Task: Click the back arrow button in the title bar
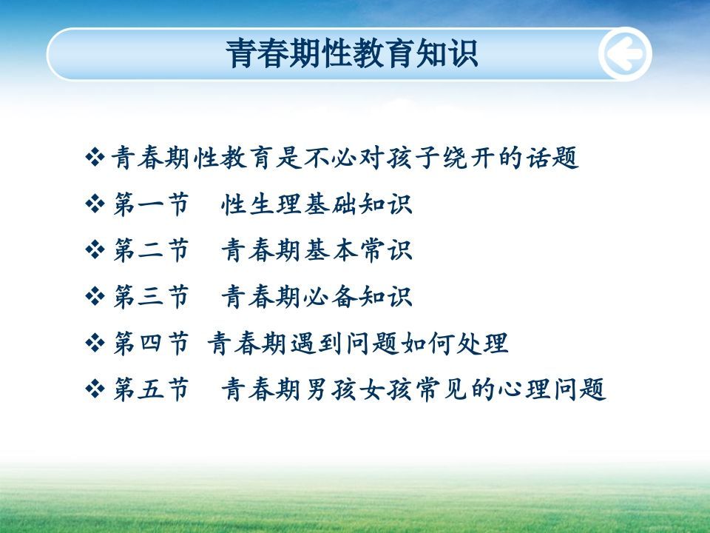pos(625,54)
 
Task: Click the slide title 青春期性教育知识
pos(352,53)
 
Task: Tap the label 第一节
pos(151,204)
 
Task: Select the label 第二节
pos(151,250)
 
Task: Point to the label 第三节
pos(151,297)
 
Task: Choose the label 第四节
pos(151,343)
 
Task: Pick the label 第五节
pos(151,389)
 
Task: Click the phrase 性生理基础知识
pos(317,204)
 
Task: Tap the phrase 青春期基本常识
pos(317,250)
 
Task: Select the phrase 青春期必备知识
pos(317,297)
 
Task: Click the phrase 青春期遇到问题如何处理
pos(358,343)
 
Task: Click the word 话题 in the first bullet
pos(552,158)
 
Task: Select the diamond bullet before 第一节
pos(95,204)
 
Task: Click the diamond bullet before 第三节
pos(95,296)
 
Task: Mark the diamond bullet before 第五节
pos(95,389)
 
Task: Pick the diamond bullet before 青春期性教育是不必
pos(95,157)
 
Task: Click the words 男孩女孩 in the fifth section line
pos(359,389)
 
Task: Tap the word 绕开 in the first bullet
pos(469,158)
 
